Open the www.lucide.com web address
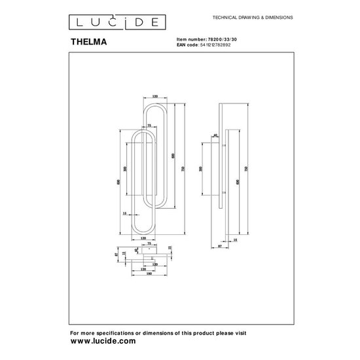pyautogui.click(x=103, y=341)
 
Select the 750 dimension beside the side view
pyautogui.click(x=245, y=168)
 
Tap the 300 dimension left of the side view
pyautogui.click(x=200, y=168)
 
